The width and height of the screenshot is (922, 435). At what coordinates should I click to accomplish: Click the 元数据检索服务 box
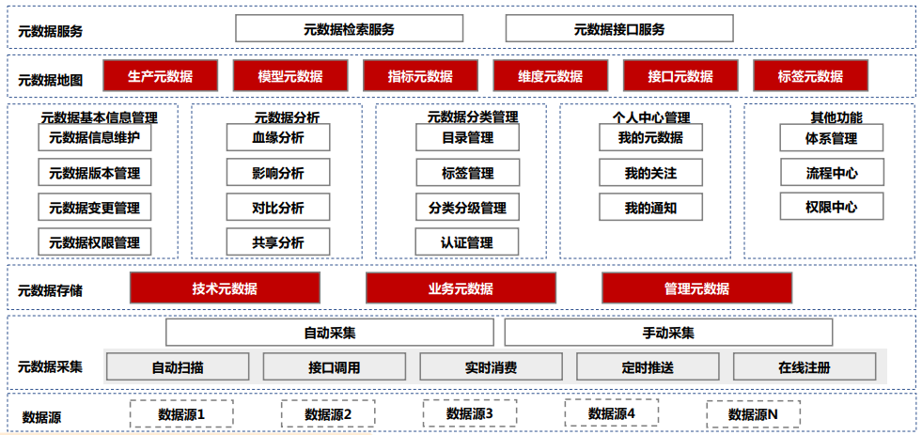pyautogui.click(x=349, y=28)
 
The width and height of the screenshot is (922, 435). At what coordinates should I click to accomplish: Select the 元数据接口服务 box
pyautogui.click(x=619, y=28)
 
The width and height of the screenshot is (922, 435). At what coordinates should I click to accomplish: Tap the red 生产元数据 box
pyautogui.click(x=160, y=76)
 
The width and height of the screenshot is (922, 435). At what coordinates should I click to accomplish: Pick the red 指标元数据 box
pyautogui.click(x=420, y=76)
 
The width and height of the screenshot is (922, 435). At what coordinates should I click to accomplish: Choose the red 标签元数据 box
pyautogui.click(x=810, y=76)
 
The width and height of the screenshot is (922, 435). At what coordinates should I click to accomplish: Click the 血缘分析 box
pyautogui.click(x=277, y=138)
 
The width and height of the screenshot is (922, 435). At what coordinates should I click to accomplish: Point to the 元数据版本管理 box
pyautogui.click(x=94, y=173)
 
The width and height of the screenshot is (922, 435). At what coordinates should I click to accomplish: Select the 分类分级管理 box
pyautogui.click(x=467, y=208)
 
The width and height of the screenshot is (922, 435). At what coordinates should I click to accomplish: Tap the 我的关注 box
pyautogui.click(x=650, y=173)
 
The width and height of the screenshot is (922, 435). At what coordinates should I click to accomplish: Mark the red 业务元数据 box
pyautogui.click(x=461, y=288)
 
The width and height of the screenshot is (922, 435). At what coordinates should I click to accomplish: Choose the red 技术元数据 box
pyautogui.click(x=225, y=288)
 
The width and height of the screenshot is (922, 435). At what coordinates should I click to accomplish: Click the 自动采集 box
pyautogui.click(x=329, y=333)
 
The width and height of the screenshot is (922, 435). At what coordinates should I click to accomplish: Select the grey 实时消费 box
pyautogui.click(x=491, y=367)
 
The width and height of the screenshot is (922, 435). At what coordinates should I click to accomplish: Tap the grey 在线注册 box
pyautogui.click(x=805, y=367)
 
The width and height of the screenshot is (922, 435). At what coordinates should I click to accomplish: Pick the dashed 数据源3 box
pyautogui.click(x=469, y=413)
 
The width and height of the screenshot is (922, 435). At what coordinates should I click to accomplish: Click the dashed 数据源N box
pyautogui.click(x=753, y=414)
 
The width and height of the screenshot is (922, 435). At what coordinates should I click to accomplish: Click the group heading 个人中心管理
pyautogui.click(x=650, y=118)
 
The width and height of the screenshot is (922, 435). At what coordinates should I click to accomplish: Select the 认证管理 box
pyautogui.click(x=467, y=242)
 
